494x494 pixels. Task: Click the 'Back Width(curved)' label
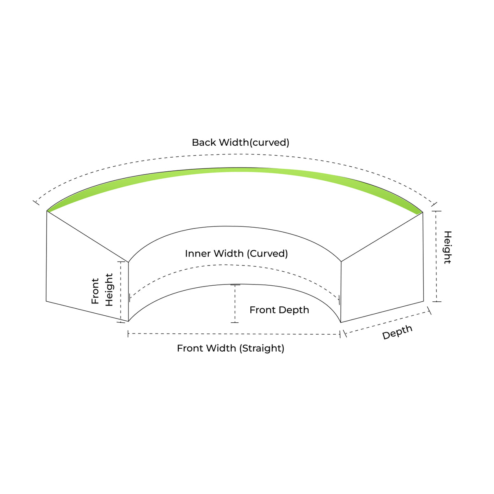(x=240, y=142)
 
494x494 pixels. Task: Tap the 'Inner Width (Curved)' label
(x=236, y=254)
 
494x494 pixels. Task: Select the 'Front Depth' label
(x=279, y=310)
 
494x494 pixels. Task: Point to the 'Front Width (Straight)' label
(x=231, y=348)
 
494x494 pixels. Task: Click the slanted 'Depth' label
(x=397, y=332)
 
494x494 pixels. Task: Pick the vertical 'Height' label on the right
(x=447, y=247)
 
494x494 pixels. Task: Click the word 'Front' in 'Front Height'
(x=95, y=291)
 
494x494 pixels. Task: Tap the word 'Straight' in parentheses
(x=262, y=348)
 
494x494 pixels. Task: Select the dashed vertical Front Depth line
(x=235, y=303)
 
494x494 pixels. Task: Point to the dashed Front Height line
(x=121, y=291)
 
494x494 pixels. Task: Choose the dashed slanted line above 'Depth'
(x=387, y=322)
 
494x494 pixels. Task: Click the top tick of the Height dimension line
(x=436, y=211)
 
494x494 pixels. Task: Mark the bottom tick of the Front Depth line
(x=235, y=322)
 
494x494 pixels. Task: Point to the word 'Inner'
(x=198, y=254)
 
